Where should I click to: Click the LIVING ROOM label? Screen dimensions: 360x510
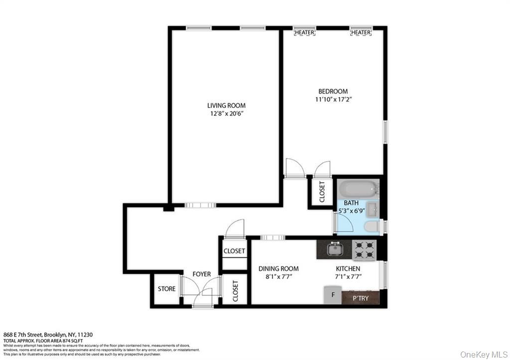[226, 106]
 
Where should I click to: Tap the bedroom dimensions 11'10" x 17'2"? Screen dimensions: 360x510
[333, 100]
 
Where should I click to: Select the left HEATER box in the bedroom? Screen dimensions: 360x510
[304, 32]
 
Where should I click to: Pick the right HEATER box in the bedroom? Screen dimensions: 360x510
[361, 32]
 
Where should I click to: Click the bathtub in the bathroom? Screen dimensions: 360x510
[357, 189]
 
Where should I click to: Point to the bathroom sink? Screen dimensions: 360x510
[372, 208]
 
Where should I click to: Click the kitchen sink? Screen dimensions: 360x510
[334, 248]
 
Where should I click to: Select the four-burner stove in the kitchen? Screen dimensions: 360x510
[364, 250]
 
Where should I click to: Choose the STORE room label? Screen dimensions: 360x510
[167, 289]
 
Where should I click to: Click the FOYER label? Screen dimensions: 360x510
[202, 274]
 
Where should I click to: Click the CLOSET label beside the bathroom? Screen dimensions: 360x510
[322, 192]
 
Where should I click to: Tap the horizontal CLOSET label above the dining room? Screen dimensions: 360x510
[234, 251]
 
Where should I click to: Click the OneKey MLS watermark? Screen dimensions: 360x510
[484, 354]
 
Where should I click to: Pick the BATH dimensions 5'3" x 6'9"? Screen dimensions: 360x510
[353, 211]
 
